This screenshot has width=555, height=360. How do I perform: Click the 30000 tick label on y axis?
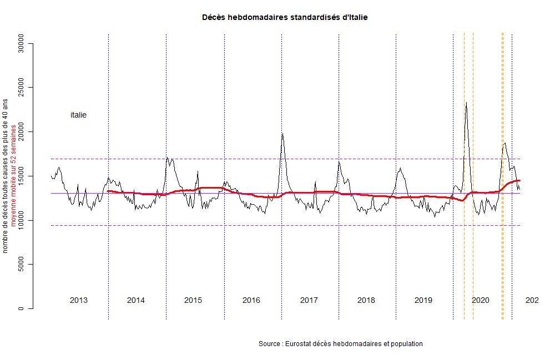click(21, 43)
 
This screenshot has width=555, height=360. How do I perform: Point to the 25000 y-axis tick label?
click(21, 88)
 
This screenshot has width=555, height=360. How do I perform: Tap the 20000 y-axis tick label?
click(21, 132)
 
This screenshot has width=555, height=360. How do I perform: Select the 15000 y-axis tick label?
click(21, 176)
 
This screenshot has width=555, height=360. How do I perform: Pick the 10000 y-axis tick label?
click(21, 220)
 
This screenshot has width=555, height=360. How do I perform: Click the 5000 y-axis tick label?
click(21, 265)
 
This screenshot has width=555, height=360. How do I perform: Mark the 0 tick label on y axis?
click(21, 308)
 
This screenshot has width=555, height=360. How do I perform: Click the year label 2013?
click(78, 300)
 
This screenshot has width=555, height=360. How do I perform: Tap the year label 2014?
click(135, 300)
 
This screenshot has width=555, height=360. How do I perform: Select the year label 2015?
click(193, 300)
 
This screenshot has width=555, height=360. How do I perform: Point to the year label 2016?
click(251, 300)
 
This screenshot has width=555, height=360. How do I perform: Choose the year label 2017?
click(309, 300)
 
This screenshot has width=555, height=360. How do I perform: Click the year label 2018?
click(366, 300)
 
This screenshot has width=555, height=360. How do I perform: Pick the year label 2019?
click(423, 300)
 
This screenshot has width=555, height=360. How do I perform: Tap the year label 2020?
click(480, 300)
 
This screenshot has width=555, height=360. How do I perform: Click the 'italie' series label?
click(78, 115)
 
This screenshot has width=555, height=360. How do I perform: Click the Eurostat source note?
click(340, 344)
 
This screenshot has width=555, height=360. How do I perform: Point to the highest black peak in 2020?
click(466, 103)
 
